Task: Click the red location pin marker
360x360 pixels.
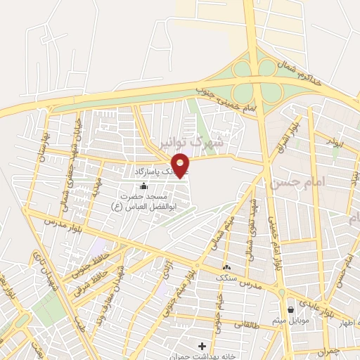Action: click(181, 165)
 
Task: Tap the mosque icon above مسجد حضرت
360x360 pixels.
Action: click(144, 186)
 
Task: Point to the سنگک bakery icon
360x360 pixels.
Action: click(226, 267)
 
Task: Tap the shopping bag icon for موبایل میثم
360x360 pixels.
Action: click(290, 309)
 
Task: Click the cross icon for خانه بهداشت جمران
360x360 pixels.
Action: click(202, 346)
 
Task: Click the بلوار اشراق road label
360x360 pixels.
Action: click(292, 131)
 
